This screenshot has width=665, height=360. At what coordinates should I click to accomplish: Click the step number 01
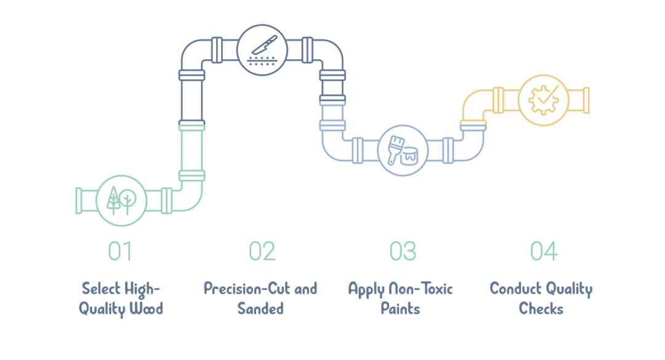click(x=120, y=251)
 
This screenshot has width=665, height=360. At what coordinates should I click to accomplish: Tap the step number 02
click(x=262, y=251)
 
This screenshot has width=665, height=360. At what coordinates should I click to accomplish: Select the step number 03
click(x=403, y=251)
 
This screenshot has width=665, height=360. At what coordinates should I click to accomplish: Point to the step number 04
click(x=544, y=251)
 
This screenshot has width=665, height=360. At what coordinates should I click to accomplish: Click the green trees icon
click(x=121, y=200)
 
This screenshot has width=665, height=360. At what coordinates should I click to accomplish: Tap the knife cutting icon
click(x=262, y=50)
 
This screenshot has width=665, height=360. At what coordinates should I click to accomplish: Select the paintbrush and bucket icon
click(x=403, y=150)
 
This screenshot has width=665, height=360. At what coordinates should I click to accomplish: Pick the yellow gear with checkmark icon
click(x=543, y=100)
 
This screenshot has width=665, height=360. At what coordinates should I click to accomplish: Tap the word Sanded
click(x=260, y=308)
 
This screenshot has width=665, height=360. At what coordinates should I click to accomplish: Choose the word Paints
click(x=400, y=308)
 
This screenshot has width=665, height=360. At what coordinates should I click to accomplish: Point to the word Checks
click(x=541, y=308)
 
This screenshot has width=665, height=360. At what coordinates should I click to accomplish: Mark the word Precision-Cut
click(x=247, y=289)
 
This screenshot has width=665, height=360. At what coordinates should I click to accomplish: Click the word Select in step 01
click(x=95, y=289)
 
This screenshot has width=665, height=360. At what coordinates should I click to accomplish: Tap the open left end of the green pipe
click(x=78, y=201)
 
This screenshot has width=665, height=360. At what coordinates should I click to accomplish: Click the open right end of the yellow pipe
click(x=586, y=100)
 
